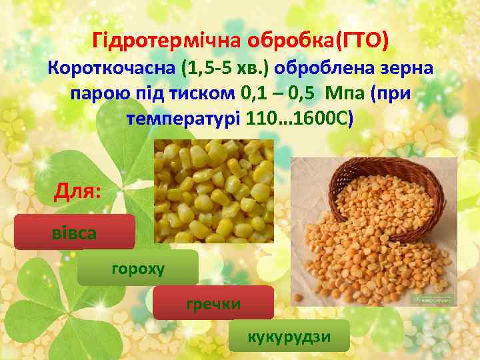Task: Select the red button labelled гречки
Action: [213, 303]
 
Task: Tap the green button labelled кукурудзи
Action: [289, 336]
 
